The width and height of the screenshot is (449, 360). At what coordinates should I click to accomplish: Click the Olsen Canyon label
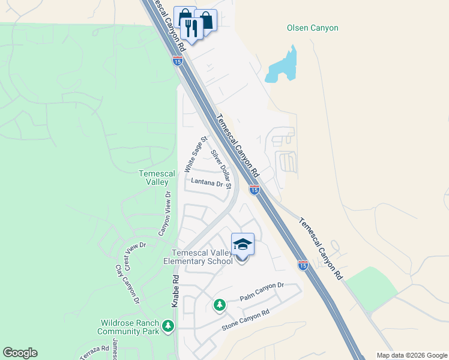312,28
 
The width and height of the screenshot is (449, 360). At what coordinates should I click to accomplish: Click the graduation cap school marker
243,245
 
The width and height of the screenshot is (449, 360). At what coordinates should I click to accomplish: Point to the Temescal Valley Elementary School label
202,257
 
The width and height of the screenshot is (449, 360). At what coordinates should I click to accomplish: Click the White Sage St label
196,153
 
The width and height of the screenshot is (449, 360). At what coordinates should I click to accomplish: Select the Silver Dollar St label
221,170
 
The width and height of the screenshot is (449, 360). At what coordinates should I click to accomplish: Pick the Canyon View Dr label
164,214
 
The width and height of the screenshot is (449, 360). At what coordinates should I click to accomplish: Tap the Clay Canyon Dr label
127,284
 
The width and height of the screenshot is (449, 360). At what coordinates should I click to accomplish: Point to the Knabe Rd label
175,292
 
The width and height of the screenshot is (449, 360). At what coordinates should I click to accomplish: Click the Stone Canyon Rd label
246,321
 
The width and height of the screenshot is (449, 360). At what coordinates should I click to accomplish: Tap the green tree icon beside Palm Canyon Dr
220,305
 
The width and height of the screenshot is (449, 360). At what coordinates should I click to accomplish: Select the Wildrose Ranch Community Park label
128,326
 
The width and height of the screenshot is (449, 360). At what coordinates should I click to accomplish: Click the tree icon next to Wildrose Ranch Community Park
169,326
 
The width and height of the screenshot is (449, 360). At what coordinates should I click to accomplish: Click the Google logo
20,353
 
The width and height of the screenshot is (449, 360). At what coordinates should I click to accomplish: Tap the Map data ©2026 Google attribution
411,355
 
